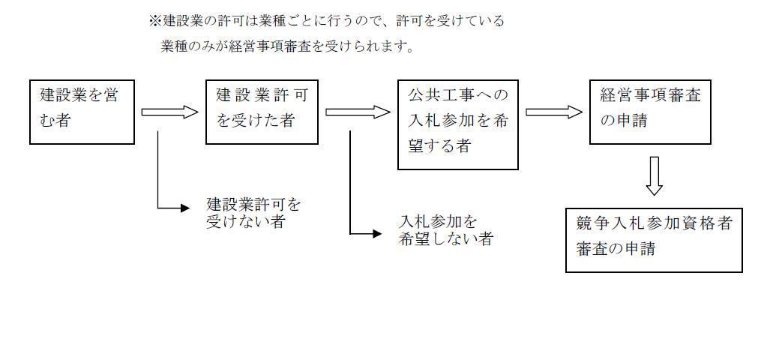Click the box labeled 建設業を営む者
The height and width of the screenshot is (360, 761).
pos(82,112)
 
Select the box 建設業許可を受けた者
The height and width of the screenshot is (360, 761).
pos(262,112)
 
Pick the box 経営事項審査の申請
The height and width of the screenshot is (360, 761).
pos(649,112)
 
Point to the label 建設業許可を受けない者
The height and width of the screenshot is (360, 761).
pos(253,213)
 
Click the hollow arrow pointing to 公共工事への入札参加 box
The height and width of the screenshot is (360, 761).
pos(358,112)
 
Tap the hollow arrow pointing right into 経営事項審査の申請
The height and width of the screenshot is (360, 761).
pos(554,112)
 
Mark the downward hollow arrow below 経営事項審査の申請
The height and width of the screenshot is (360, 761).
pos(655,175)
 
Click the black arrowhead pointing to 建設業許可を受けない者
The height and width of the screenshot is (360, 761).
pos(185,208)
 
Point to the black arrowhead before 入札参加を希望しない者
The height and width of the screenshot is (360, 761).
pos(377,234)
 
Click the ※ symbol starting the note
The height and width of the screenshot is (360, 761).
pos(155,21)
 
